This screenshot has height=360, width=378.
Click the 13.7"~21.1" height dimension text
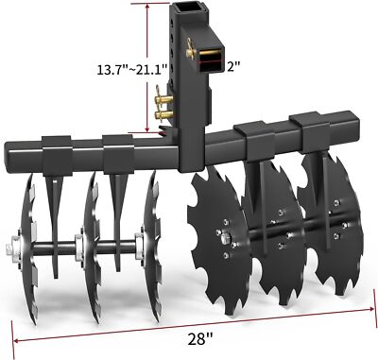coord(131,68)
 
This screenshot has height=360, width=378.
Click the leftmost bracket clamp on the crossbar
coord(59,148)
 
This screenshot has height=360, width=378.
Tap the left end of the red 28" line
coord(12,326)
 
